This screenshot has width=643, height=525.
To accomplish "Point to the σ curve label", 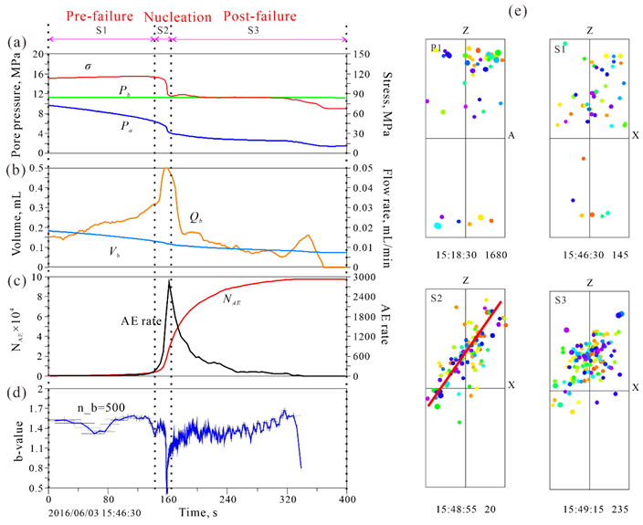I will tap(87, 66).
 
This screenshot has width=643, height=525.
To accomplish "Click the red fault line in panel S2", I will tap(466, 349).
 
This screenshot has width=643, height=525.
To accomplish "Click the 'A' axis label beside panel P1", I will tap(512, 136).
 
